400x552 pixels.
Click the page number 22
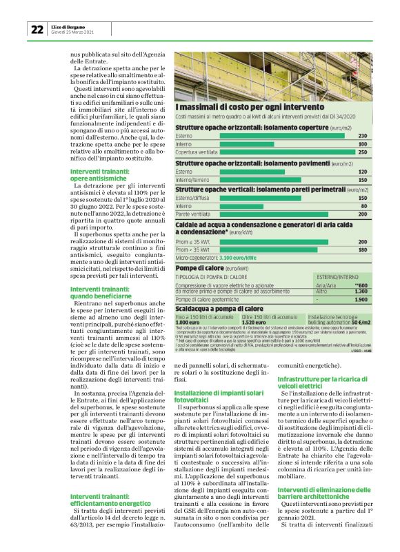coord(37,29)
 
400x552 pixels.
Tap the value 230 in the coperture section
coord(362,134)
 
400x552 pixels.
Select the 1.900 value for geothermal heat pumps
coord(359,299)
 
